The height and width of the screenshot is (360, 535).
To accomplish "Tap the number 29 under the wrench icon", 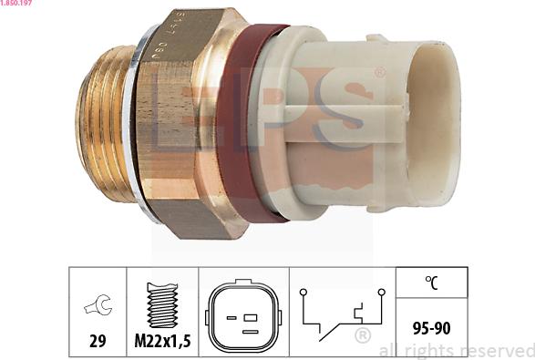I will [97, 341].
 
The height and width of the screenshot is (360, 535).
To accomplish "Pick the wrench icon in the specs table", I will [96, 306].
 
